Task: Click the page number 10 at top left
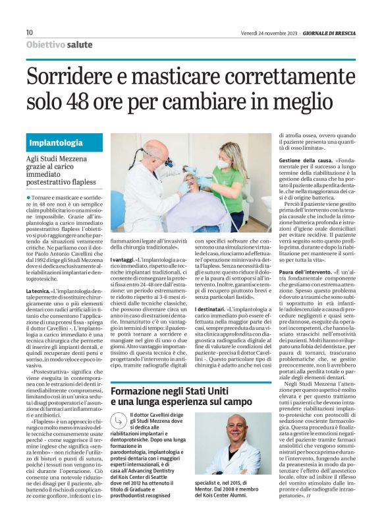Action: (x=29, y=32)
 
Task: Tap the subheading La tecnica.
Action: (x=37, y=291)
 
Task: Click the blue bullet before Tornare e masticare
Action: (x=29, y=197)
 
